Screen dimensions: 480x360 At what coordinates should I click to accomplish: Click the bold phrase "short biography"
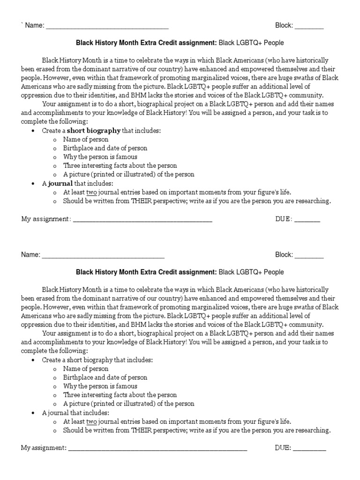(x=94, y=131)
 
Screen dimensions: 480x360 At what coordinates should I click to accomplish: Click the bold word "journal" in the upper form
(x=60, y=183)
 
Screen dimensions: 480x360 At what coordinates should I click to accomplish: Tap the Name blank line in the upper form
(x=107, y=26)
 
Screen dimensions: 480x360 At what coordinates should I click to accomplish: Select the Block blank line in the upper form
(x=309, y=26)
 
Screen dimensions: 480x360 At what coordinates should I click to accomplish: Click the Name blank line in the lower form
(x=103, y=255)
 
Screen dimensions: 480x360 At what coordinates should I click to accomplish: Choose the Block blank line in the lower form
(x=309, y=255)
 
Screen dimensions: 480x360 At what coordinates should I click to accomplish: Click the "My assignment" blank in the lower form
(x=157, y=449)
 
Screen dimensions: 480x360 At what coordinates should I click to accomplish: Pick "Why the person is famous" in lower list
(x=100, y=386)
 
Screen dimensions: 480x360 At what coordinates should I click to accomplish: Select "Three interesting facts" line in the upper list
(x=120, y=166)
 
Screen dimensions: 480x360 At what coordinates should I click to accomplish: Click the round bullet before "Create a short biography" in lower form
(x=33, y=360)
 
